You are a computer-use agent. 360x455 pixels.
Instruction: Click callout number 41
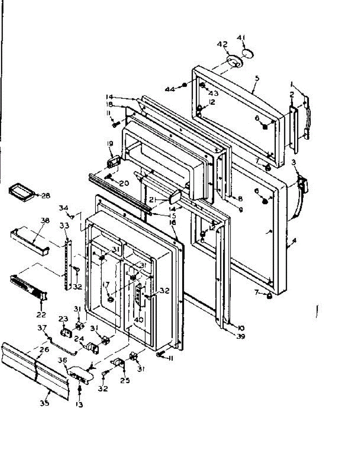(241, 37)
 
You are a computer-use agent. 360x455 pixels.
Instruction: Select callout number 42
(222, 45)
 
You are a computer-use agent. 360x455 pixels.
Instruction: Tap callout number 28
(45, 196)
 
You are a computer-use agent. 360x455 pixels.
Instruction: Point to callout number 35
(45, 403)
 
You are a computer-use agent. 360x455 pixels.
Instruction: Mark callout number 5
(257, 78)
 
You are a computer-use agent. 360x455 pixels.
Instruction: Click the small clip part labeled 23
(67, 333)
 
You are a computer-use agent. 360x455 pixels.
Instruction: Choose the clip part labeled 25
(118, 362)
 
